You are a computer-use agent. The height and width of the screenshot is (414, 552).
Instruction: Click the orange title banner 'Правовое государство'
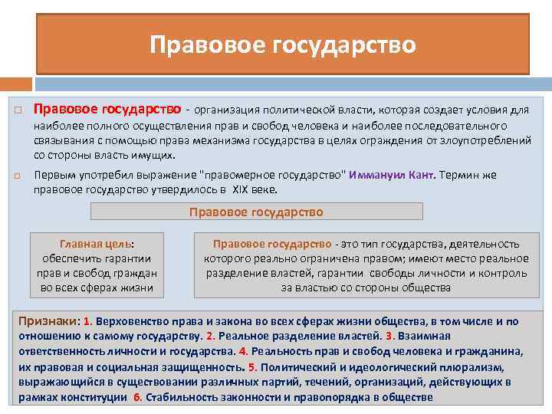283,44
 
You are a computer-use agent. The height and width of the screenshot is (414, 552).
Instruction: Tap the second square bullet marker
18,176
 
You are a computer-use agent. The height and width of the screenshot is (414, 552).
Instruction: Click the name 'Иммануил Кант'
391,175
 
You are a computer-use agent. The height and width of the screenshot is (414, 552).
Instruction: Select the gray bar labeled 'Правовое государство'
256,212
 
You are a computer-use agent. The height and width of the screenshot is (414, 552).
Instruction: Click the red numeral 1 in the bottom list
87,322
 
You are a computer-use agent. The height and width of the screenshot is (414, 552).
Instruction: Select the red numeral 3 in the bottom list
389,337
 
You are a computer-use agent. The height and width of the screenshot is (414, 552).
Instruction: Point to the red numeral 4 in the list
243,351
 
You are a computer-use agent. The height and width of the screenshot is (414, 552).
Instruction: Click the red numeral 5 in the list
253,367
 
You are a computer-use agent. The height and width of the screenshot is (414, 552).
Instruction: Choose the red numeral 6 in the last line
137,397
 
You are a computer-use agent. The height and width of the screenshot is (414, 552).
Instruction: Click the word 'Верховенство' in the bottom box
131,322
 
